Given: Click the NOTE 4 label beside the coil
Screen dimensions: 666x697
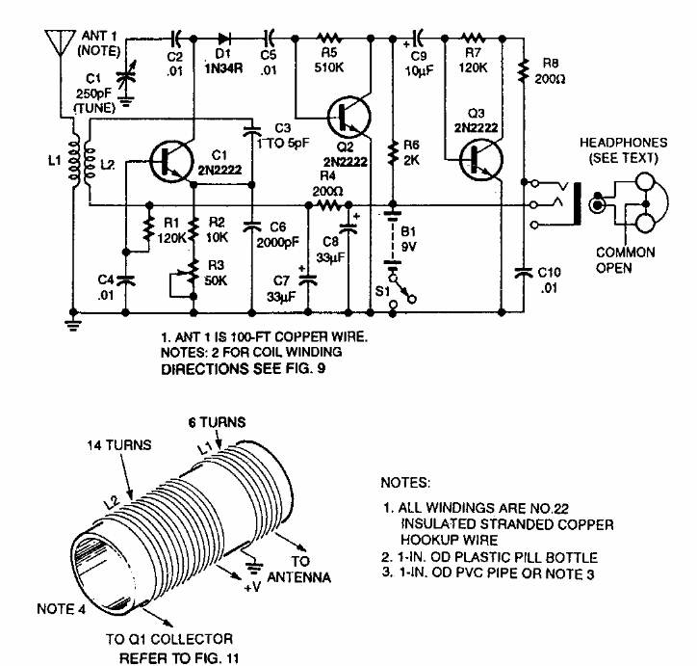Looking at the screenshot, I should click(61, 608).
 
